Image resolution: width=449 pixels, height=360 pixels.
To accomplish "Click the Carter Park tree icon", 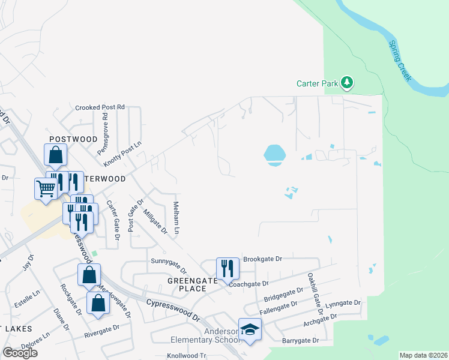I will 346,83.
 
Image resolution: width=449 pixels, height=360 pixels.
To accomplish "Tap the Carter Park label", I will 318,84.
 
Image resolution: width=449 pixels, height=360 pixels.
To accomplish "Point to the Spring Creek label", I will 400,61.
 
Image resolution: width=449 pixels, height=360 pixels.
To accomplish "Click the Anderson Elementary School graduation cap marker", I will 250,329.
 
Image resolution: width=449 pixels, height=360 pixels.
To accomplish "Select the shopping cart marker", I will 46,188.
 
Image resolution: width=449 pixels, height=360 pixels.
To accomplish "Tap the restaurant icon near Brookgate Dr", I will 227,267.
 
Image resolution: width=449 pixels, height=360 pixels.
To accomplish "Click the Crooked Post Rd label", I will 100,107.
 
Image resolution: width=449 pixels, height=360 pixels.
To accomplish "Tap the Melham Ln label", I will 177,218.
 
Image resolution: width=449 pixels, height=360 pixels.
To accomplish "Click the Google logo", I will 20,352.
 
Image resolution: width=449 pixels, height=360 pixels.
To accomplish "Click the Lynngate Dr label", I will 343,304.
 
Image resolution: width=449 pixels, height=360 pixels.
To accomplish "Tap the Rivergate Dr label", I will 104,332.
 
